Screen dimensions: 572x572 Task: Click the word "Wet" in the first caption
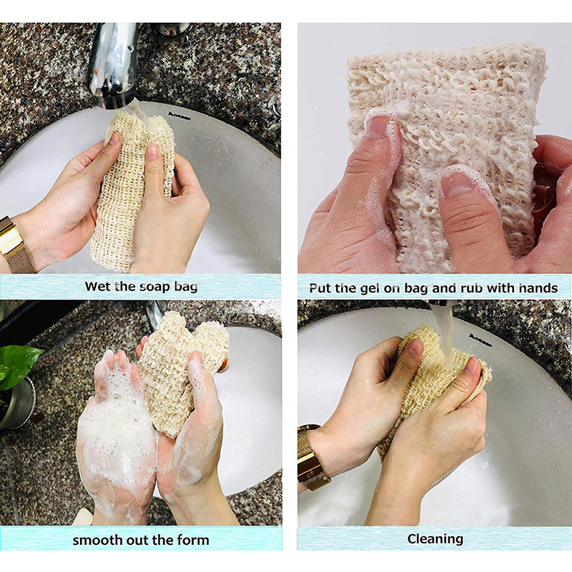(x=98, y=287)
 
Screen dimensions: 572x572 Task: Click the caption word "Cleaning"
(x=435, y=538)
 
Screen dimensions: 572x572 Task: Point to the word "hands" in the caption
(x=537, y=288)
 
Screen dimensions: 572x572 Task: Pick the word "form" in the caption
(x=192, y=540)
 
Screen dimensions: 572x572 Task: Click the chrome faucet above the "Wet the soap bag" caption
(x=113, y=57)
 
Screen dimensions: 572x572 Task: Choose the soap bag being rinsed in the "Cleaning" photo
(x=429, y=379)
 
